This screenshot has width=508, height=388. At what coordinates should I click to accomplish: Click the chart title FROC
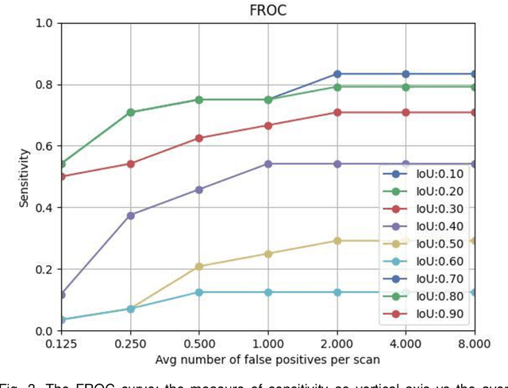tap(267, 10)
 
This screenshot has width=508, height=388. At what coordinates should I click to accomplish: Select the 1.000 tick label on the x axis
tap(268, 344)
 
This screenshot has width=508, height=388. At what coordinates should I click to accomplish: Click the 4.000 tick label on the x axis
tap(406, 344)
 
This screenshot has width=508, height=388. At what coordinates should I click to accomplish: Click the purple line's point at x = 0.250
tap(130, 215)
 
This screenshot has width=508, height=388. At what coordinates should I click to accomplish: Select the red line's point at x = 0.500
tap(199, 138)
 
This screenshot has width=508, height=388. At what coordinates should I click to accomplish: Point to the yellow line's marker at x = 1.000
tap(268, 254)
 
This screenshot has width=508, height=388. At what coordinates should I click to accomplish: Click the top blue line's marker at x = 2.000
tap(337, 74)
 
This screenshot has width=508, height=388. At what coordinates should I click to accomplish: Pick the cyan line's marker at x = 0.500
tap(199, 292)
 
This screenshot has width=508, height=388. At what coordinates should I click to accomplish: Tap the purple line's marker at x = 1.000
tap(268, 163)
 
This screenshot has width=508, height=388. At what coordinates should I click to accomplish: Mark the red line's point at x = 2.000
tap(337, 113)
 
